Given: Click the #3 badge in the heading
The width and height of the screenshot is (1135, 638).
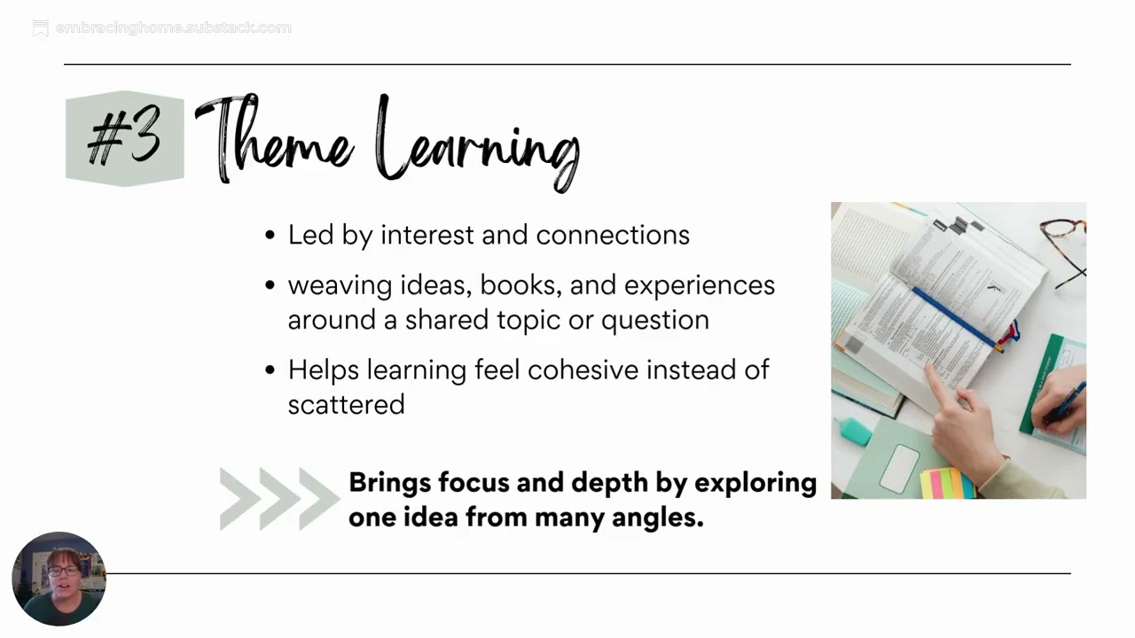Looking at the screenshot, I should click(125, 138).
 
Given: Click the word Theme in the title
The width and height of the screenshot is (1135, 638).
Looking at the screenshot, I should click(275, 140).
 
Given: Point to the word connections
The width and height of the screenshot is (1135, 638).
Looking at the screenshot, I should click(613, 235).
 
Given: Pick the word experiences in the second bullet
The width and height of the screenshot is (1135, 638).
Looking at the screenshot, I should click(700, 285).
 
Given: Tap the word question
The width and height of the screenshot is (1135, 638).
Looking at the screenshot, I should click(655, 320).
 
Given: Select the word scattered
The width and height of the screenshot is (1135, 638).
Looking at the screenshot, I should click(346, 404).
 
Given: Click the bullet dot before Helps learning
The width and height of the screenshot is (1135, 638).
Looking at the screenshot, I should click(270, 370).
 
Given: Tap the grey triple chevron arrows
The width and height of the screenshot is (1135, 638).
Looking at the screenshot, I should click(278, 498).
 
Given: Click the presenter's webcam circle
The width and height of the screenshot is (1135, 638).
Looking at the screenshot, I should click(59, 579).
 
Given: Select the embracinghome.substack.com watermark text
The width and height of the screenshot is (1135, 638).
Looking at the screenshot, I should click(173, 28).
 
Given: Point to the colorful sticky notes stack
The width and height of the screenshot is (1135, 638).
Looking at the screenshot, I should click(946, 484).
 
